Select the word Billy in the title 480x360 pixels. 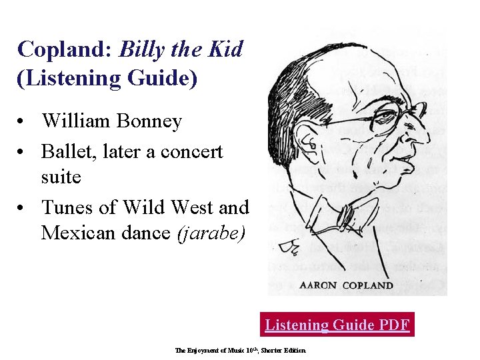click(x=142, y=49)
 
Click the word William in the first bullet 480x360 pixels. click(x=78, y=121)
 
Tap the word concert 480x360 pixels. click(x=190, y=151)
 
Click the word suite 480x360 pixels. click(x=61, y=177)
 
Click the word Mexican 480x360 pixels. click(x=81, y=233)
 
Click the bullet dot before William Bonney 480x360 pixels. click(x=23, y=122)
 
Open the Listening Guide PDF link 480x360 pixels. click(x=337, y=325)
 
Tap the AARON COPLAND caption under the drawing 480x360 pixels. click(x=347, y=285)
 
